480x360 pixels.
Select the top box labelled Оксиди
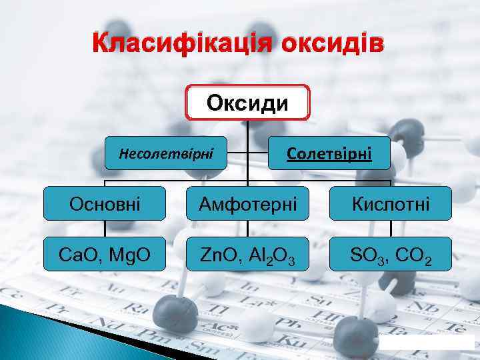pyautogui.click(x=248, y=103)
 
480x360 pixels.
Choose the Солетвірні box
pyautogui.click(x=329, y=154)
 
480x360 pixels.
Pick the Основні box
pyautogui.click(x=105, y=203)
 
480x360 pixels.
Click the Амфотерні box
pyautogui.click(x=248, y=203)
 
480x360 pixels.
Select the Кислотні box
pyautogui.click(x=391, y=203)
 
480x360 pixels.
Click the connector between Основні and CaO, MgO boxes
pyautogui.click(x=105, y=229)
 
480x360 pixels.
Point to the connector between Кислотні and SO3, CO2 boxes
pyautogui.click(x=391, y=229)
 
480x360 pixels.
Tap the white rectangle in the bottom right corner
pyautogui.click(x=427, y=342)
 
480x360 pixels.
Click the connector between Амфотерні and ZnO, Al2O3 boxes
pyautogui.click(x=248, y=229)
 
